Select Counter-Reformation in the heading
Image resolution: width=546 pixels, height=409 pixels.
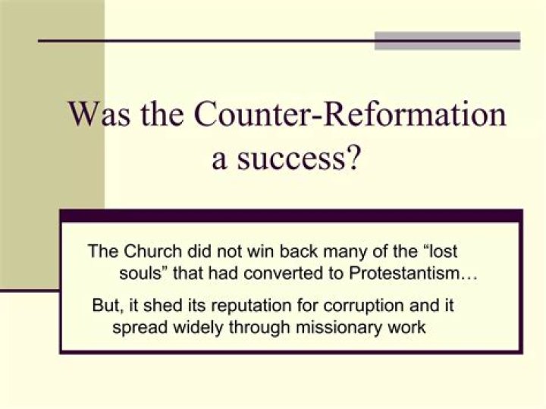tap(350, 115)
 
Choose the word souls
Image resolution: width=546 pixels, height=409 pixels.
tap(140, 273)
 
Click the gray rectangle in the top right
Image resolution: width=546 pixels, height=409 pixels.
tap(447, 40)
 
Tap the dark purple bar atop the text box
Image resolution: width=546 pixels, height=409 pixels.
tap(291, 216)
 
